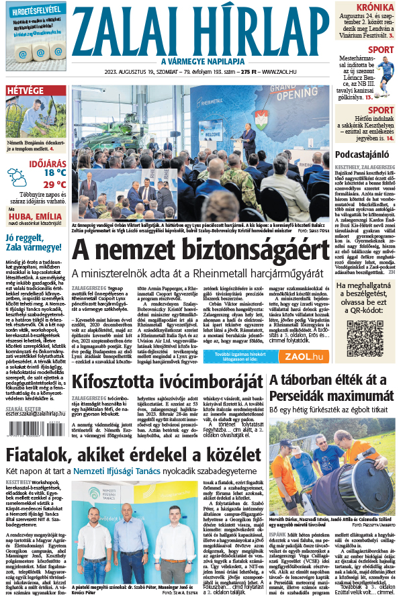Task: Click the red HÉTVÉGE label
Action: pyautogui.click(x=26, y=91)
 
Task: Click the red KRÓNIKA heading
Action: pyautogui.click(x=374, y=7)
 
